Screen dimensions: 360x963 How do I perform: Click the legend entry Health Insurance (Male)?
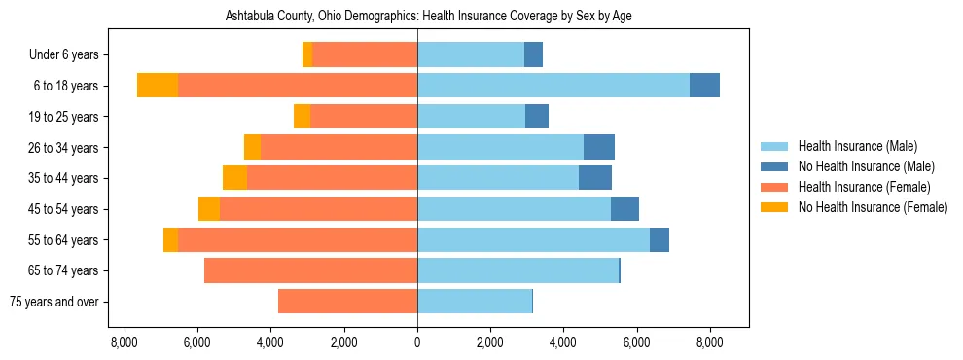tap(857, 147)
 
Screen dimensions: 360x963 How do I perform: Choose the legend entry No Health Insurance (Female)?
tap(873, 207)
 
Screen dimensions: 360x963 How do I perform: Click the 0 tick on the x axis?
tap(417, 342)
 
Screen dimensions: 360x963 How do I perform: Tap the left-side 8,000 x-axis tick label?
tap(125, 342)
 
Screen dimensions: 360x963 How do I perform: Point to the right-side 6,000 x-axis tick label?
tap(636, 342)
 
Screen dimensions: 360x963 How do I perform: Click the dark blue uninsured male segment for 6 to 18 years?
tap(704, 86)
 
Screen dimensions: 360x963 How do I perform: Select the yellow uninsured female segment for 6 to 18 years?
tap(158, 86)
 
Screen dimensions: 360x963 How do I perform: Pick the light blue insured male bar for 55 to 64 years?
tap(533, 239)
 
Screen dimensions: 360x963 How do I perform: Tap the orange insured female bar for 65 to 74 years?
tap(310, 270)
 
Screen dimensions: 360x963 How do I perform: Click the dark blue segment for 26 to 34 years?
tap(599, 147)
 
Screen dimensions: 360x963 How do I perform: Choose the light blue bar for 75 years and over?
tap(475, 302)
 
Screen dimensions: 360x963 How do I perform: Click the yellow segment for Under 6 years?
tap(307, 55)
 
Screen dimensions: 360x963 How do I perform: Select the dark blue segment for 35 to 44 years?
tap(595, 178)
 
